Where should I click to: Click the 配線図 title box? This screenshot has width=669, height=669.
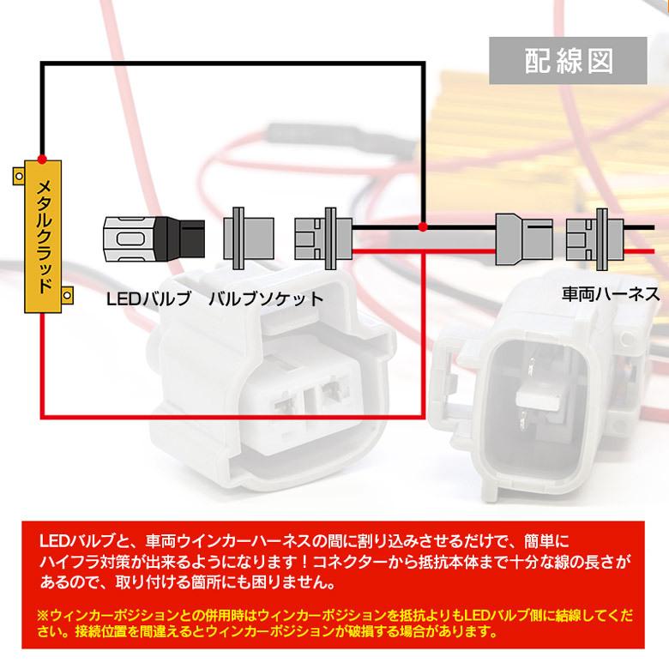(568, 60)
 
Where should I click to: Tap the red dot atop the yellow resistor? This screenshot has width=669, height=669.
(40, 160)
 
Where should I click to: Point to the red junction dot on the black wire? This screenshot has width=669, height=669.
(422, 226)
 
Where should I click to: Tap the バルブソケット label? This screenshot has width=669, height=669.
(265, 298)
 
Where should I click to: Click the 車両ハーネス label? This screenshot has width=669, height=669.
(611, 294)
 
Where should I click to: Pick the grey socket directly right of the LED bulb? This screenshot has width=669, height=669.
(249, 238)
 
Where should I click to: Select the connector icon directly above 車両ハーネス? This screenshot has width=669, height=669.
(592, 238)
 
